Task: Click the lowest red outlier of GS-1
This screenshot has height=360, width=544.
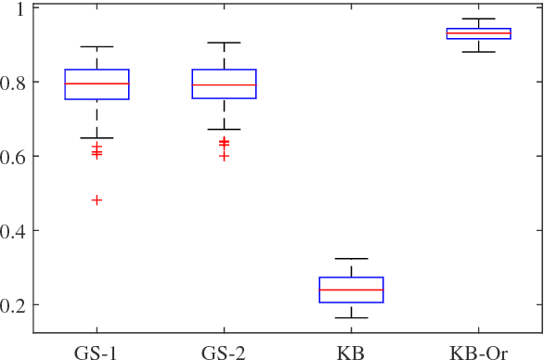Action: point(97,200)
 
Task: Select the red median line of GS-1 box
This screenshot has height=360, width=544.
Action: point(97,84)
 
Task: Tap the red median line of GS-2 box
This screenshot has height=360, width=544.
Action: point(224,85)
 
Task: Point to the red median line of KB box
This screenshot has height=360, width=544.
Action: point(351,289)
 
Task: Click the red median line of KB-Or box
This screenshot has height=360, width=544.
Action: point(478,33)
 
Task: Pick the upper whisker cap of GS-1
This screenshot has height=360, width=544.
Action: point(97,46)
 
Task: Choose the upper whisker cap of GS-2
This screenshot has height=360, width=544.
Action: point(224,43)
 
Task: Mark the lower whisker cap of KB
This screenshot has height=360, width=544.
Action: point(351,318)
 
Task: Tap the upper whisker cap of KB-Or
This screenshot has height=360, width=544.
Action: point(478,19)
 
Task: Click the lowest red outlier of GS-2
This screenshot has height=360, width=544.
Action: point(224,156)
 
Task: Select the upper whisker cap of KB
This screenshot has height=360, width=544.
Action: point(351,258)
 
